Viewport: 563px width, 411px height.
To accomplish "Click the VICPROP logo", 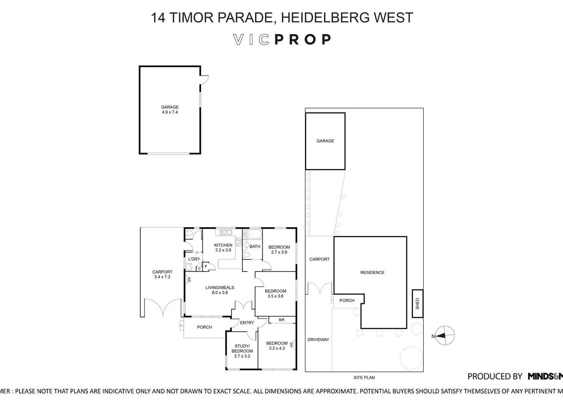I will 282,40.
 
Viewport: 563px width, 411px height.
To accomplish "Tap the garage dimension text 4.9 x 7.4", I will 170,112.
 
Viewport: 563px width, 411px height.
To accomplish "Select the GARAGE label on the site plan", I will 325,141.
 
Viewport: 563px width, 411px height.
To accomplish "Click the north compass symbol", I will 445,336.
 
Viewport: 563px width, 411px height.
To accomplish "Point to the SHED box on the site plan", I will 417,303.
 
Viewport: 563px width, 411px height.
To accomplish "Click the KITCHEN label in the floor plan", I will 223,245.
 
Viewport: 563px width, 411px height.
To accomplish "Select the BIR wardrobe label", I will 281,320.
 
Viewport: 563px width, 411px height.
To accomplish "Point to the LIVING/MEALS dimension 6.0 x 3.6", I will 220,293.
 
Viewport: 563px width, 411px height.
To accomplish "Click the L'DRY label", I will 194,259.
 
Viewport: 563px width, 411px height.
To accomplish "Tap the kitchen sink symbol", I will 225,232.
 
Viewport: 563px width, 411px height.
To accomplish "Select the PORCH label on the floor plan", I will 205,327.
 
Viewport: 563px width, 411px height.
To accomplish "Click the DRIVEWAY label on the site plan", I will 318,339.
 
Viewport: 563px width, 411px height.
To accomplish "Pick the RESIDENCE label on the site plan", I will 372,272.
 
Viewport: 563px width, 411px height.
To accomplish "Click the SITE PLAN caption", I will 364,378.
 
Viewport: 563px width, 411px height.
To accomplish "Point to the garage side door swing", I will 205,79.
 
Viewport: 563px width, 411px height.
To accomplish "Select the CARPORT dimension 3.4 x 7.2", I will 162,277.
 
